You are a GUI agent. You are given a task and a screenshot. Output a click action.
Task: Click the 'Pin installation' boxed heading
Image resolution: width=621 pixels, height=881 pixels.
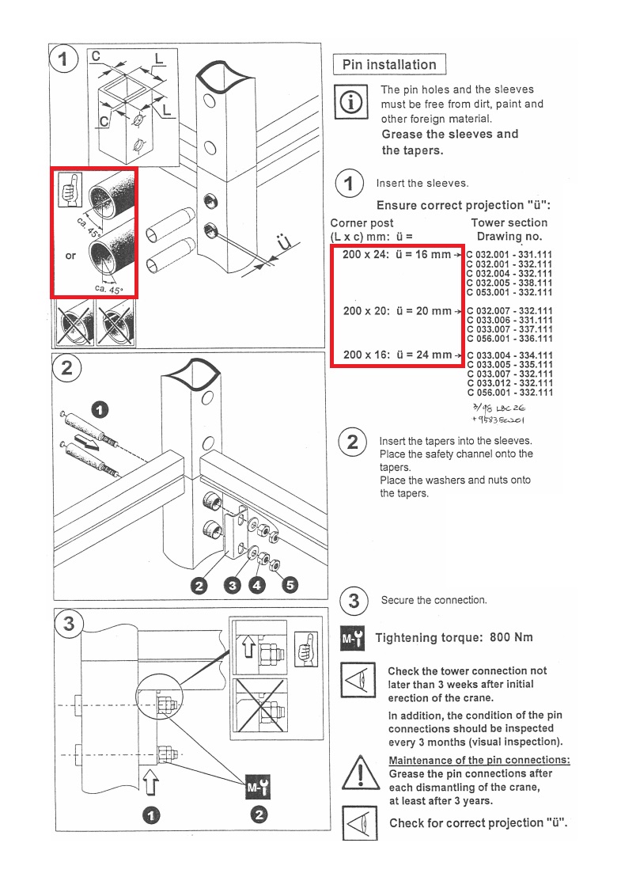click(389, 65)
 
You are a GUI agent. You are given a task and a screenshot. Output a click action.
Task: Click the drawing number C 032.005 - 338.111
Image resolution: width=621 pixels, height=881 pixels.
click(510, 283)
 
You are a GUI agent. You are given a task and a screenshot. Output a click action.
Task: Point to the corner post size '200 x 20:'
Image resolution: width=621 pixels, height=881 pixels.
click(365, 311)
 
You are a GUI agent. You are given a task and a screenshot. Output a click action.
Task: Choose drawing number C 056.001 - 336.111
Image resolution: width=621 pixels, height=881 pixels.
click(510, 339)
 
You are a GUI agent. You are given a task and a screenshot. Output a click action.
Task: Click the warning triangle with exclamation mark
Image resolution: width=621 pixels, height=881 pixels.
click(360, 772)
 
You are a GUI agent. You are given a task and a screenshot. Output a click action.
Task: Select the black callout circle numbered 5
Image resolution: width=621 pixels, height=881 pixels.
click(290, 585)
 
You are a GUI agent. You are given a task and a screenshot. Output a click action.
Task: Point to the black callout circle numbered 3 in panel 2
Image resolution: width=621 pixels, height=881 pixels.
click(232, 586)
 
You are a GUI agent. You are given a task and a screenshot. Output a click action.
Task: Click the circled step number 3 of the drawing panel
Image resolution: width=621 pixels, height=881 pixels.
click(69, 624)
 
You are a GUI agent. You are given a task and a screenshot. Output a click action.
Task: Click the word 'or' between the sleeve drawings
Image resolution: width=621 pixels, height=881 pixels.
click(70, 256)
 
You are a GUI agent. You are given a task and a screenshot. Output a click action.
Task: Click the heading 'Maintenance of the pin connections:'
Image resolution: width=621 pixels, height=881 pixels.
click(479, 761)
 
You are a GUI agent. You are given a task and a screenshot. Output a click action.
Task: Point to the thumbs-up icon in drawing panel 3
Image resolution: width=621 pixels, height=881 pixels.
click(305, 645)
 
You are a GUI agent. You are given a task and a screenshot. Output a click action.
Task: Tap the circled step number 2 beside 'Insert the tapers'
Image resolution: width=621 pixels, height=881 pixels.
click(353, 442)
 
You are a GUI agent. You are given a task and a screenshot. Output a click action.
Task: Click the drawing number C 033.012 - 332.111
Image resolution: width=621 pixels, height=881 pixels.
click(510, 383)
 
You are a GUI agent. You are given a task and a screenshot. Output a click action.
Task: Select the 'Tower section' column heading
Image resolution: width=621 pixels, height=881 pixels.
click(509, 223)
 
